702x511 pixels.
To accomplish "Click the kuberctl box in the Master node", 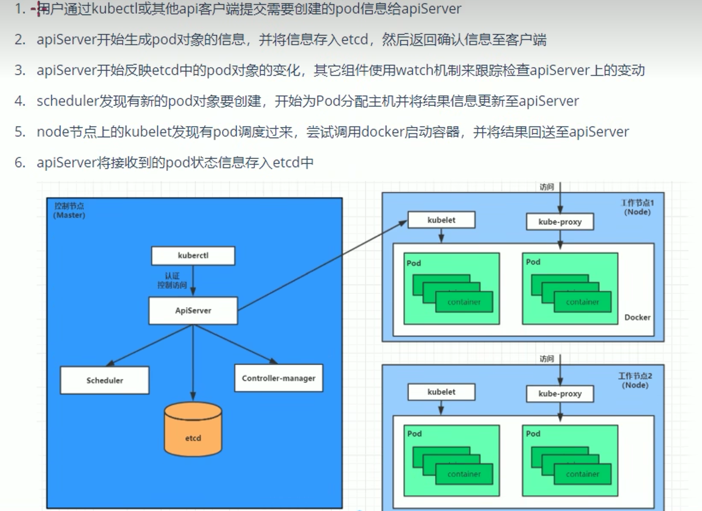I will click(x=193, y=256).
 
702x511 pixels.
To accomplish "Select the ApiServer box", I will click(x=193, y=310).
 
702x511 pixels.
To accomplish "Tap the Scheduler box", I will click(x=104, y=380).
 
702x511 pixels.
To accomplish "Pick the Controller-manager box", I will click(x=278, y=378).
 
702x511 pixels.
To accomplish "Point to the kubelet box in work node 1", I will click(x=441, y=220).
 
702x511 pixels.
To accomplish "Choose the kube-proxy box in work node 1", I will click(x=560, y=222).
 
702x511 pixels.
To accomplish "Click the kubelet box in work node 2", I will click(x=441, y=392).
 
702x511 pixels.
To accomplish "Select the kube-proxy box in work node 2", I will click(x=560, y=393).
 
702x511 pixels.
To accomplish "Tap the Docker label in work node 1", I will click(x=637, y=317).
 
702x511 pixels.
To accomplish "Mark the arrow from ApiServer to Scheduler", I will click(x=151, y=345).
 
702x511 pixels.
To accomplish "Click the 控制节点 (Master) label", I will click(x=69, y=211).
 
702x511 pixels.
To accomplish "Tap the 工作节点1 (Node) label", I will click(x=637, y=207).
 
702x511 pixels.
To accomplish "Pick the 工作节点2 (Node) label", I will click(x=635, y=380).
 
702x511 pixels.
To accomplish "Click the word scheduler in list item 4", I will click(x=68, y=101).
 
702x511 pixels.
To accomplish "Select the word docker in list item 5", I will click(x=383, y=132).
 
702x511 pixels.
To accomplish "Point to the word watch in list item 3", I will click(x=415, y=70).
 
